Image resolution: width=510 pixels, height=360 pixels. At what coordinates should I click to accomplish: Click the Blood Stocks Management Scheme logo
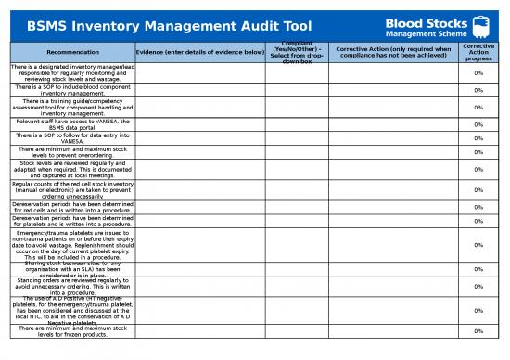pos(446,22)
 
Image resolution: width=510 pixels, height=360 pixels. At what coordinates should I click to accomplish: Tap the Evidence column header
pos(200,52)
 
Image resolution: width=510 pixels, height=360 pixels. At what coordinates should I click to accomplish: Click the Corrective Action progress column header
pos(478,52)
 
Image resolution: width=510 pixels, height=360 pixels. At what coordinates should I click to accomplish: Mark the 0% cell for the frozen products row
pos(478,331)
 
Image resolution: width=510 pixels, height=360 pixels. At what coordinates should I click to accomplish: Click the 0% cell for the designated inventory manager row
pos(478,72)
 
